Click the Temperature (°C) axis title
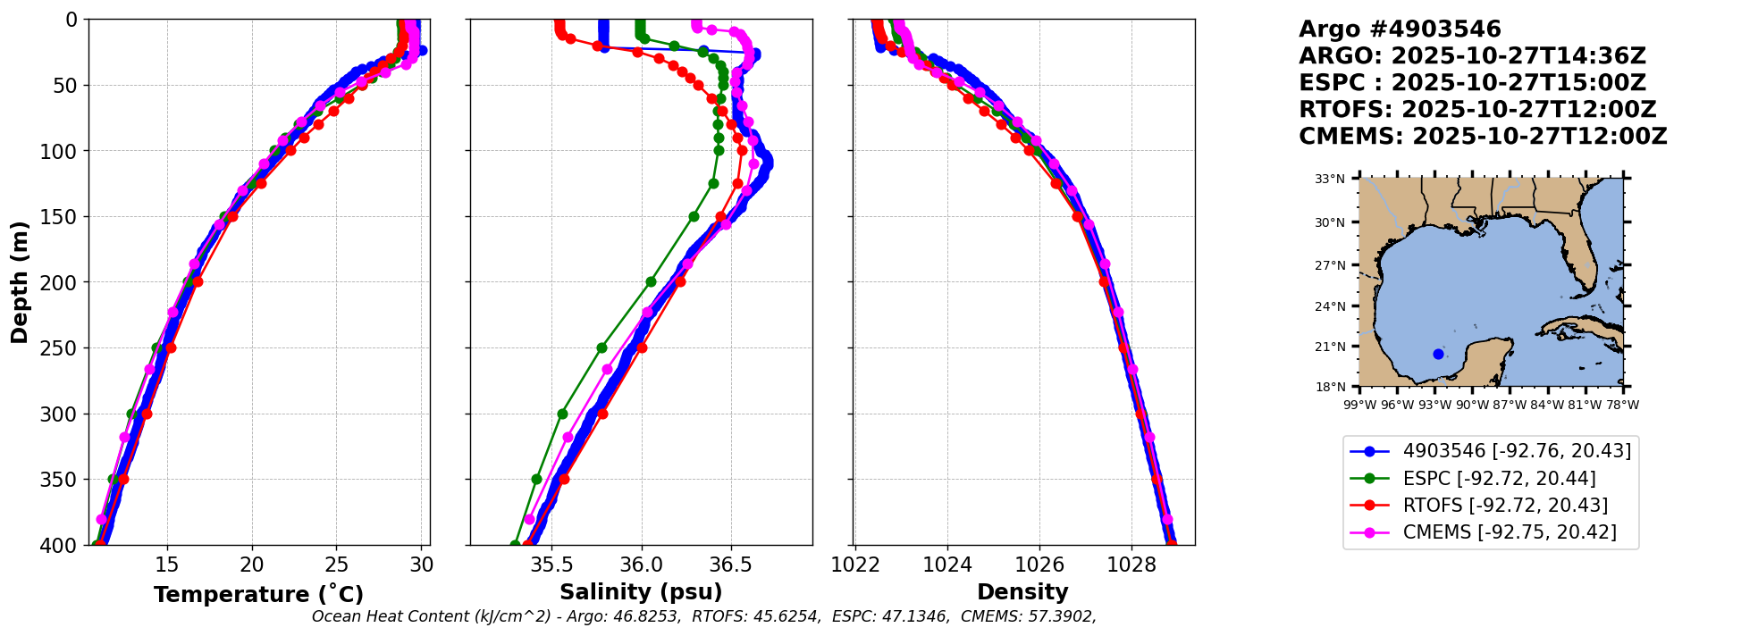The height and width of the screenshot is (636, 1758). click(x=258, y=595)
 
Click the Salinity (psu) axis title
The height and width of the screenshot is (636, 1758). click(x=641, y=592)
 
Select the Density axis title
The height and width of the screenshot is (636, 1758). click(x=1022, y=592)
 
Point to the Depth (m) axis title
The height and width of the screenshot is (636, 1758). click(x=20, y=282)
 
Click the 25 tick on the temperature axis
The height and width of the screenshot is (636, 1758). click(x=336, y=565)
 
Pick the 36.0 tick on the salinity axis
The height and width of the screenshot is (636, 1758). click(x=641, y=565)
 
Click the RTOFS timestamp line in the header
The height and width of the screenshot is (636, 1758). click(x=1477, y=110)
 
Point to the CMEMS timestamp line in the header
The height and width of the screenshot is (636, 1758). click(x=1483, y=137)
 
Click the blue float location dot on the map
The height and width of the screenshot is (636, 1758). click(x=1438, y=354)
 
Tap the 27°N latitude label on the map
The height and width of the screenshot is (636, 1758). click(x=1330, y=265)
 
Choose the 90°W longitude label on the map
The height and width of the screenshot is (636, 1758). click(x=1472, y=405)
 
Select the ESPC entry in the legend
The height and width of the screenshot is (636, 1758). click(x=1499, y=479)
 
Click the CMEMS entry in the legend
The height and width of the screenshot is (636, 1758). click(x=1509, y=532)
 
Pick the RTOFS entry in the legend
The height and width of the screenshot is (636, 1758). click(x=1505, y=506)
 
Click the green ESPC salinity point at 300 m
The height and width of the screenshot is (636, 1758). click(x=562, y=414)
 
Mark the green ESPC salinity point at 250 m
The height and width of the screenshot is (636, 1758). click(x=601, y=347)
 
